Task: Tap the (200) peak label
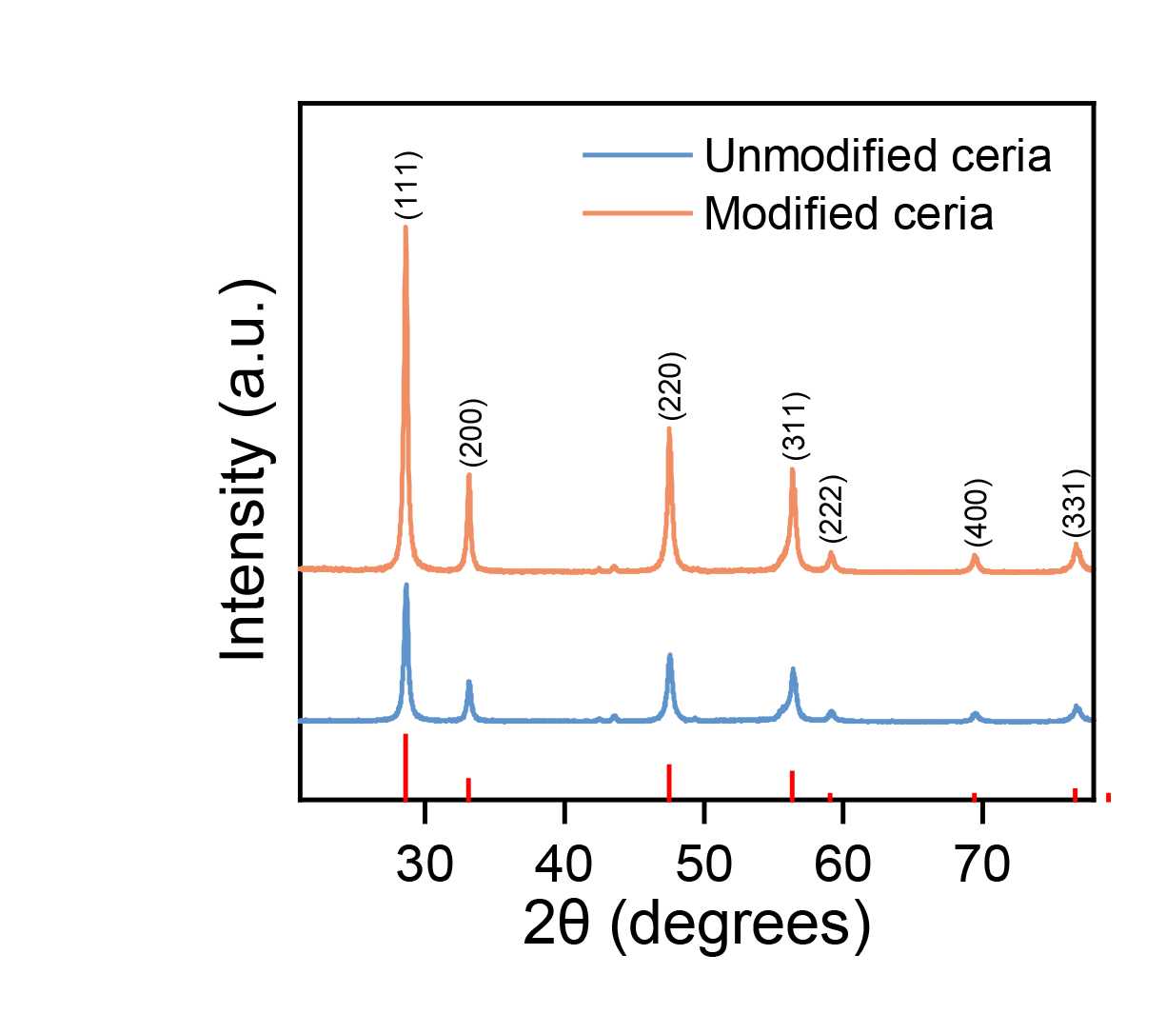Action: tap(472, 432)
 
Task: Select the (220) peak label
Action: tap(672, 387)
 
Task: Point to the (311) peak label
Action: tap(795, 426)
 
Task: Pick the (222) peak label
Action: tap(832, 508)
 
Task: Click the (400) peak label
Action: tap(978, 512)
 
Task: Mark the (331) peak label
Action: tap(1075, 504)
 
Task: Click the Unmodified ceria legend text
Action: tap(877, 155)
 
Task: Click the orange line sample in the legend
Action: tap(637, 213)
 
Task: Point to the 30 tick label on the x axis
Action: tap(425, 865)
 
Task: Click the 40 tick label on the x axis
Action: tap(564, 865)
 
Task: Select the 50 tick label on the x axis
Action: tap(703, 865)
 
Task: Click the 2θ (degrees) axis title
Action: tap(697, 925)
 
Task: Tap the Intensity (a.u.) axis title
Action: tap(246, 469)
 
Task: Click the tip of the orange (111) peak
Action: tap(405, 227)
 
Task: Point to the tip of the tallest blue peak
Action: tap(406, 586)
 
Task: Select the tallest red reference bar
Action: tap(405, 766)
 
